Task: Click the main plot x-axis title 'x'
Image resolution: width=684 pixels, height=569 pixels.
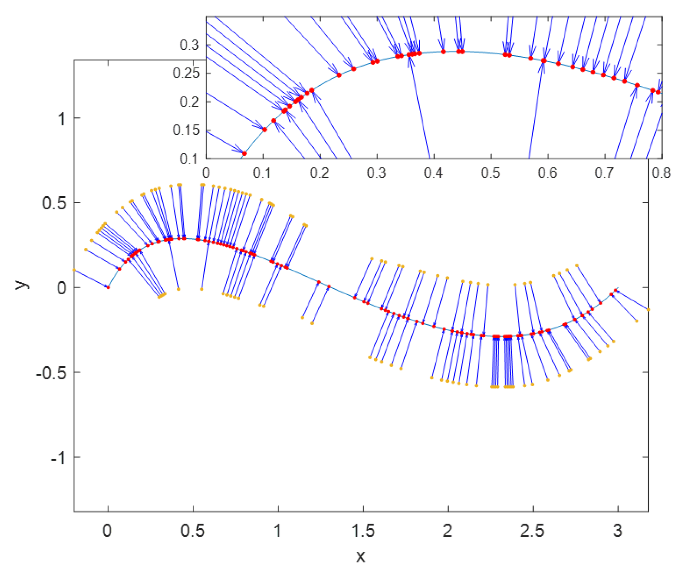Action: tap(360, 556)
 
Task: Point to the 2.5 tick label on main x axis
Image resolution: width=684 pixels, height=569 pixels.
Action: tap(533, 531)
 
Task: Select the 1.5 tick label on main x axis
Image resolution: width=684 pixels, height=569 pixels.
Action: tap(363, 531)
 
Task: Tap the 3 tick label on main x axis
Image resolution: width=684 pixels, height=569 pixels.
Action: tap(618, 531)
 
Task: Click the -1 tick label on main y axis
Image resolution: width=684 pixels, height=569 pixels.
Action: tap(58, 458)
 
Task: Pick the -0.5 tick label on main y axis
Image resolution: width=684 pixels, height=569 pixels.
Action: tap(51, 373)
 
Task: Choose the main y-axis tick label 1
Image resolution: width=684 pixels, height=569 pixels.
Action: tap(61, 119)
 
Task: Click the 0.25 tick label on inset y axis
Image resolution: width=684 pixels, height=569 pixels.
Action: tap(186, 74)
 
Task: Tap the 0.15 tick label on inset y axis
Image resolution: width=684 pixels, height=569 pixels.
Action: tap(186, 130)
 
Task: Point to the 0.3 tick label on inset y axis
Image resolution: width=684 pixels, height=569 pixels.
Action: tap(189, 45)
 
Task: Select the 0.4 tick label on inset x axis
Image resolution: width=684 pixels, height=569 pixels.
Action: tap(433, 173)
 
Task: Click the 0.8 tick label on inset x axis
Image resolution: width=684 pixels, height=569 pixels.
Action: tap(661, 173)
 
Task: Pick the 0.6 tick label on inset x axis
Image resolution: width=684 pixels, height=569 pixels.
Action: tap(547, 173)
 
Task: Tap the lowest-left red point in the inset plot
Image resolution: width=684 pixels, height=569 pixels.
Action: tap(244, 154)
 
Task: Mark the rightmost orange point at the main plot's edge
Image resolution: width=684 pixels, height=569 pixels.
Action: tap(648, 309)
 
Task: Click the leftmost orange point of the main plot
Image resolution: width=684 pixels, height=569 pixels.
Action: tap(74, 270)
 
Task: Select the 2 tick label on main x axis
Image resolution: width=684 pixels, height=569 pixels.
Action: tap(448, 531)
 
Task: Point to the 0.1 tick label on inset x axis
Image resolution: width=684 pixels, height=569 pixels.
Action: tap(262, 173)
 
